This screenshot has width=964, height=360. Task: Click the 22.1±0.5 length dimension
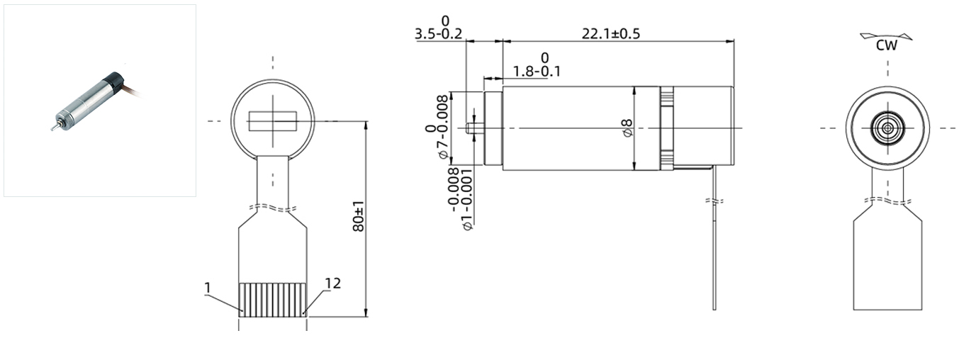point(611,34)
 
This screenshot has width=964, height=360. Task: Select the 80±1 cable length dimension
point(359,217)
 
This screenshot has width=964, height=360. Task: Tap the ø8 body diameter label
point(627,128)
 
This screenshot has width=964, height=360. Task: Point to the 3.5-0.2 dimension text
point(438,34)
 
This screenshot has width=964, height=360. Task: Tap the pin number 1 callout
point(208,287)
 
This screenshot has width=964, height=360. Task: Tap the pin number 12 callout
point(332,283)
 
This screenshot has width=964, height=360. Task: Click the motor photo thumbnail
point(99,100)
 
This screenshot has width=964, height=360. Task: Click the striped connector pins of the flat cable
point(273,298)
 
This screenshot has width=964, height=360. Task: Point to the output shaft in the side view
point(473,128)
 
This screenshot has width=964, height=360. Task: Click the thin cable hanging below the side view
point(714,248)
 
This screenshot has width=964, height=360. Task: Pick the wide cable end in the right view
point(887,262)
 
